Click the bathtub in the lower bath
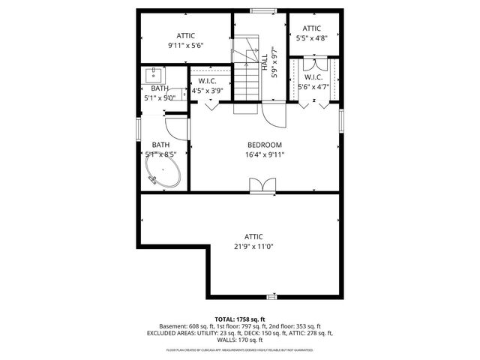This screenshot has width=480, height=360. tap(163, 172)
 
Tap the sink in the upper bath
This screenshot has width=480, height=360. tap(156, 74)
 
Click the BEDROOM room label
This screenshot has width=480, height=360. tap(264, 145)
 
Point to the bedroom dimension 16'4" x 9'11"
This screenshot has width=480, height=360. tap(264, 155)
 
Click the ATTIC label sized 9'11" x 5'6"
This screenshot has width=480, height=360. tap(186, 35)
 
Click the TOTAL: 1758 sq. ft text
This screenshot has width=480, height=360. tap(239, 319)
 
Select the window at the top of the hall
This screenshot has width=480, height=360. tap(260, 10)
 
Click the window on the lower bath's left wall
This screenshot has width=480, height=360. tap(138, 127)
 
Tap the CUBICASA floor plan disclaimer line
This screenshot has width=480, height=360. tap(239, 349)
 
